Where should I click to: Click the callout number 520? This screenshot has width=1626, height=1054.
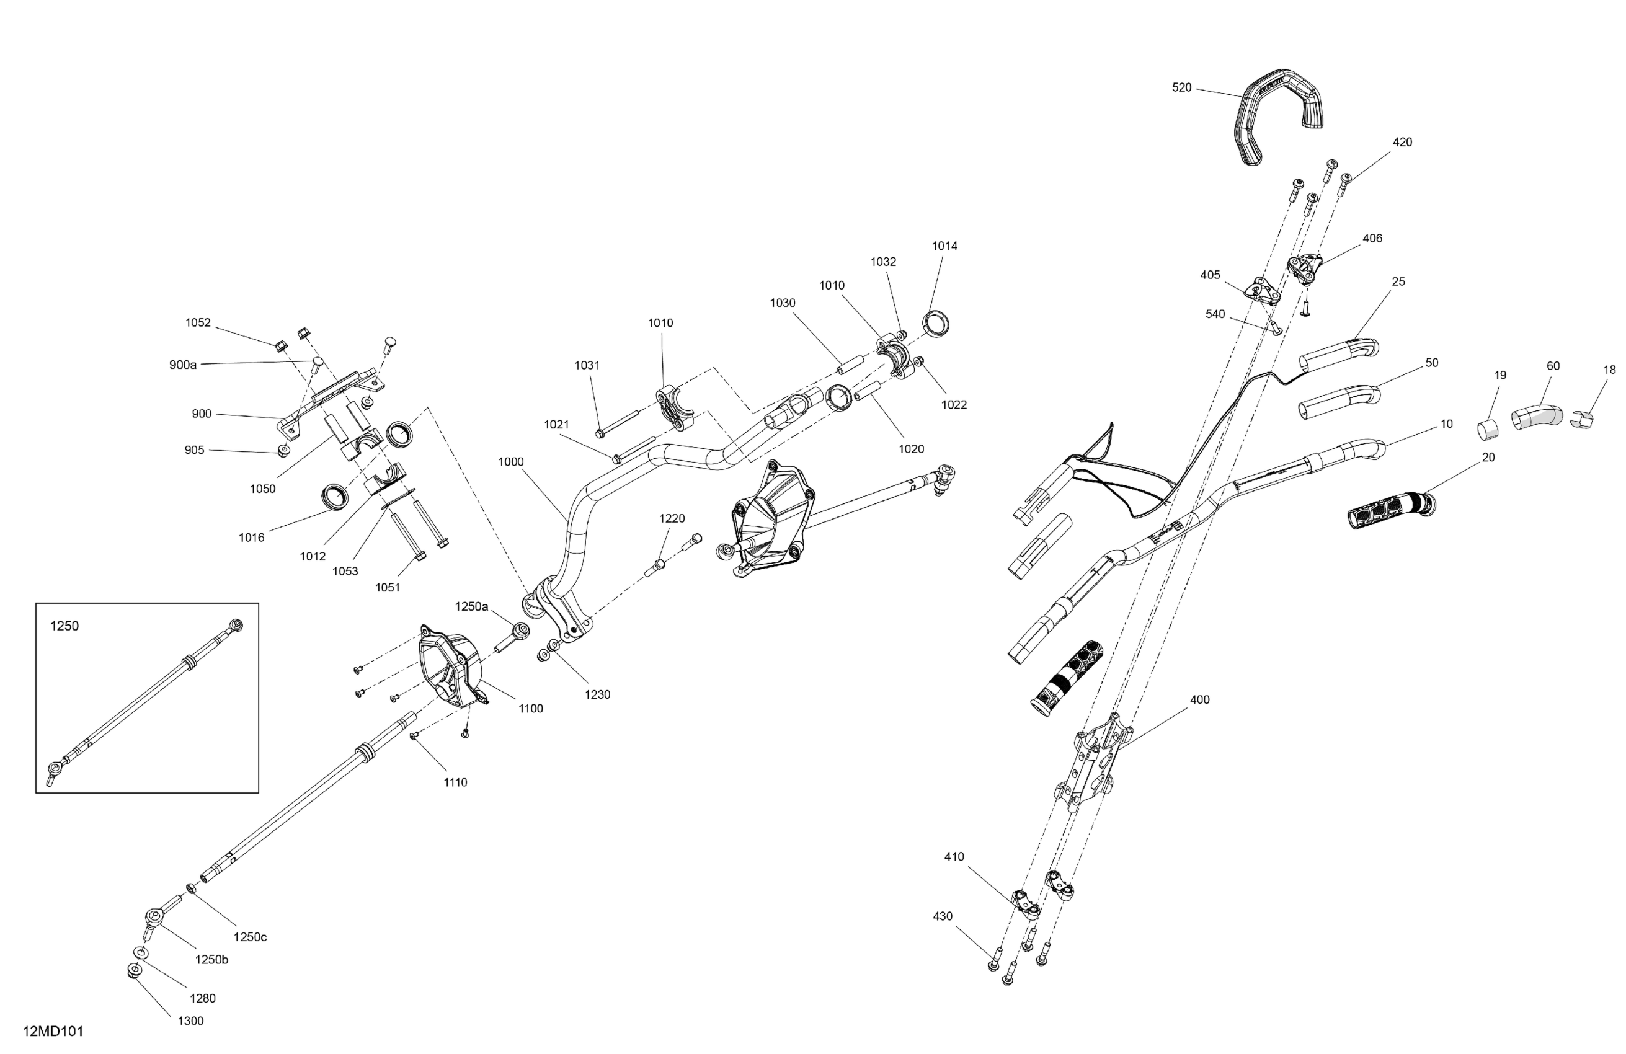coord(1181,87)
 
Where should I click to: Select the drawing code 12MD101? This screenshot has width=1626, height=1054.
coord(53,1031)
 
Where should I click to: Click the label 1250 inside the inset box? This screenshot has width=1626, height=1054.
coord(65,626)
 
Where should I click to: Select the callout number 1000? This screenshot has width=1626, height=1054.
coord(511,462)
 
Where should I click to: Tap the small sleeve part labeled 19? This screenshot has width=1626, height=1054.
coord(1490,430)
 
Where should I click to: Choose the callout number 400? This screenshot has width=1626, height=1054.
coord(1200,699)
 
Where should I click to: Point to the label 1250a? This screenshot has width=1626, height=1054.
coord(472,606)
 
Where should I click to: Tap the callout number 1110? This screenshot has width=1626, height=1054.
coord(455,782)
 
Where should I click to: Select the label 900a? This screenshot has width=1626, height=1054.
coord(183,365)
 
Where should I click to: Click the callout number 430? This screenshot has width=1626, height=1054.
coord(942,916)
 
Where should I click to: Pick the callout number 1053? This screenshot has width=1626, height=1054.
coord(345,571)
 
